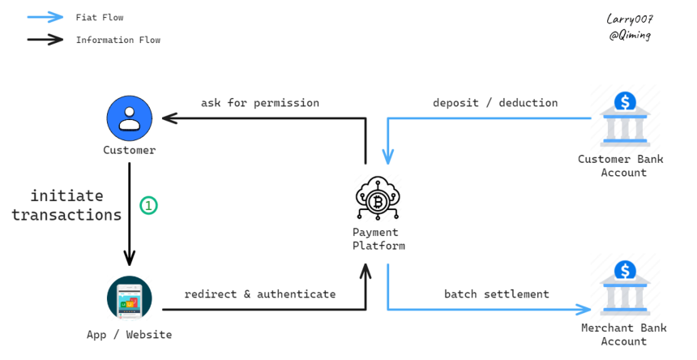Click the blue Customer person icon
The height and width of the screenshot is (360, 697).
tap(130, 118)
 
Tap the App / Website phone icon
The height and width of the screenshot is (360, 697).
tap(130, 298)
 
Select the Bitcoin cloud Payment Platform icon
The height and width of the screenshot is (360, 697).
tap(378, 198)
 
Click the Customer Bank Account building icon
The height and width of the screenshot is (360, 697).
tap(625, 120)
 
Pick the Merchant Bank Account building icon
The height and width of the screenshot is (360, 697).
tap(625, 289)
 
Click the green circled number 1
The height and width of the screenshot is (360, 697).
tap(148, 205)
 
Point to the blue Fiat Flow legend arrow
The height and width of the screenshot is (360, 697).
tap(45, 17)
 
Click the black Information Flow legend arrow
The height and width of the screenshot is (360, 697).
tap(45, 40)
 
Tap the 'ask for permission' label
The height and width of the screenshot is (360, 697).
tap(260, 103)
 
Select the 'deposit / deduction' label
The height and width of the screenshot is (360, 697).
tap(495, 103)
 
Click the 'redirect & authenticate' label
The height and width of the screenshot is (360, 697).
tap(260, 294)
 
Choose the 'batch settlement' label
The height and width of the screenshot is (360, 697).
tap(497, 294)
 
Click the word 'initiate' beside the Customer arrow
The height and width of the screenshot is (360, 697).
tap(66, 195)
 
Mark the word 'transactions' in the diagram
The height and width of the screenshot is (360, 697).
tap(66, 215)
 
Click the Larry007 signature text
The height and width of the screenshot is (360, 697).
tap(630, 19)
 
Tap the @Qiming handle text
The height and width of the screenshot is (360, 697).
tap(630, 36)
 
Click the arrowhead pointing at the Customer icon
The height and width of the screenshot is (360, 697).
tap(170, 118)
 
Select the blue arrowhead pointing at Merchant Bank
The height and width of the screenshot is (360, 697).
tap(584, 310)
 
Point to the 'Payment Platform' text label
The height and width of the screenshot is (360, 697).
tap(378, 239)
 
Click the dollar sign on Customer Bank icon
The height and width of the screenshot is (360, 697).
tap(625, 102)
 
